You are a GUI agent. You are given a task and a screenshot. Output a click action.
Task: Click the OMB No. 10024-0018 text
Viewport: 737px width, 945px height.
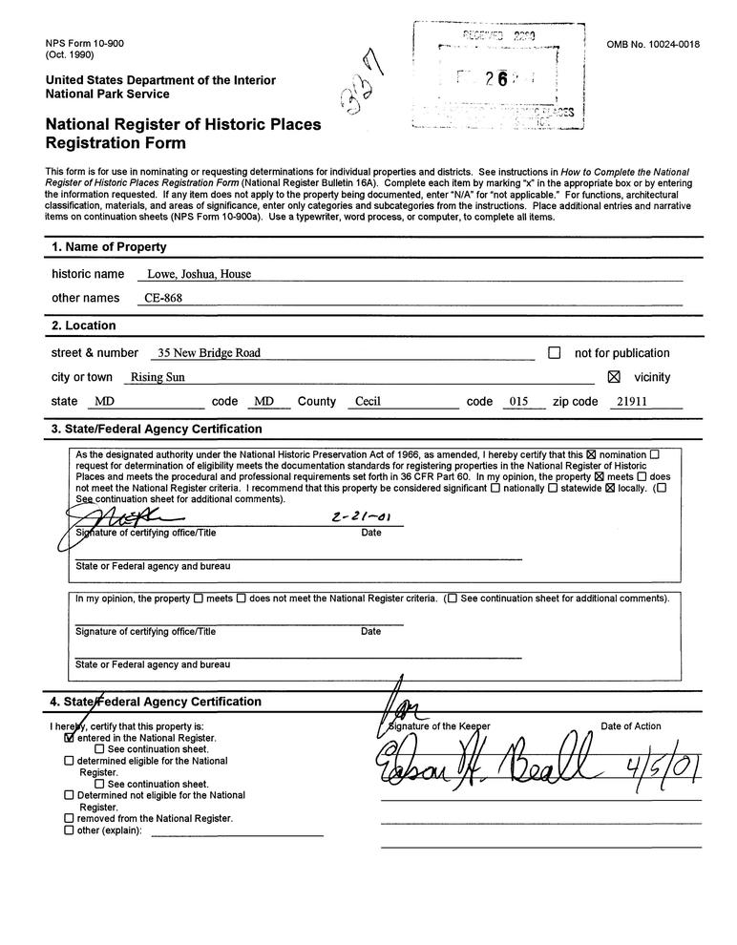653,45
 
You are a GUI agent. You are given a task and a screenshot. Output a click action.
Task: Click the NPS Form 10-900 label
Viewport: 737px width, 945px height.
84,44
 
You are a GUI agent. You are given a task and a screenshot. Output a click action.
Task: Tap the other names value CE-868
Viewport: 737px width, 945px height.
162,298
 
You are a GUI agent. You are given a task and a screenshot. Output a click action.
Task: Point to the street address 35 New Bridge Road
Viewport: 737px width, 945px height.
209,353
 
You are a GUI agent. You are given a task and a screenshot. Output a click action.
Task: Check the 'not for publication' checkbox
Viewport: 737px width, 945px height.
555,353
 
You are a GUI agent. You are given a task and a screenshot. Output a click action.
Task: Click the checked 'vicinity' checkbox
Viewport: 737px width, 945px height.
614,377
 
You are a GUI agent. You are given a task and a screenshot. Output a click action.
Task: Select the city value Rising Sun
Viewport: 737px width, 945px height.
158,377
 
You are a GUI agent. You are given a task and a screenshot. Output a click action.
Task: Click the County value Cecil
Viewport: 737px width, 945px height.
368,402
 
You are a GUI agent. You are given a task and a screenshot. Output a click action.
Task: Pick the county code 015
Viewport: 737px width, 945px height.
518,402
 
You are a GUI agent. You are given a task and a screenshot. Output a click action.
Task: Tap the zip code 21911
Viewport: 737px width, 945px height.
632,402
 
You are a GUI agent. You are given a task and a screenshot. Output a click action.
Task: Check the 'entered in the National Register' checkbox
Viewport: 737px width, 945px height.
69,738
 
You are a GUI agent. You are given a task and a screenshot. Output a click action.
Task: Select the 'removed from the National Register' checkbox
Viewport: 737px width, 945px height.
69,818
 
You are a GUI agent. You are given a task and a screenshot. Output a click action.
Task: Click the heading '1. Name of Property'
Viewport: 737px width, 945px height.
109,247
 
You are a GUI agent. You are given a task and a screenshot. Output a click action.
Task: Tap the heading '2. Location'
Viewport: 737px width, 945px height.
84,325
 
